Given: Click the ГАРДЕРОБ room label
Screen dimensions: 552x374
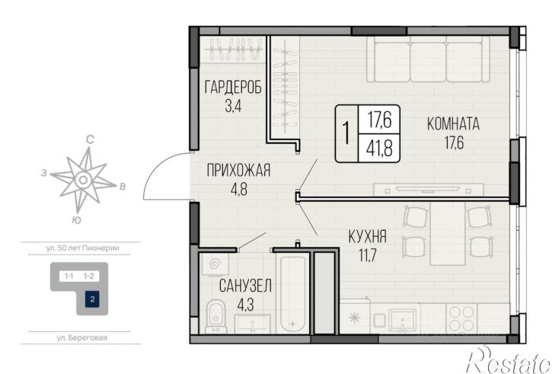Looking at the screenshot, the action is pyautogui.click(x=233, y=88).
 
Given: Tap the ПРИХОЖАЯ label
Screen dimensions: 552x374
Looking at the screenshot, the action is pyautogui.click(x=238, y=171).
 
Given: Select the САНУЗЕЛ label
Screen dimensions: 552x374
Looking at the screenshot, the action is pyautogui.click(x=245, y=286).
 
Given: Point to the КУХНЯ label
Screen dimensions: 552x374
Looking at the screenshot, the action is pyautogui.click(x=368, y=237).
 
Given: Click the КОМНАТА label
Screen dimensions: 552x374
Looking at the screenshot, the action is pyautogui.click(x=454, y=124).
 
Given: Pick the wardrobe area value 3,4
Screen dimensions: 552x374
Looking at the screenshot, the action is pyautogui.click(x=233, y=105).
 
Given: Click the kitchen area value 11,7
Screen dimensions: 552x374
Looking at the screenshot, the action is pyautogui.click(x=368, y=255).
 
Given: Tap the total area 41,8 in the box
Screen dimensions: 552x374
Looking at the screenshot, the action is pyautogui.click(x=379, y=149).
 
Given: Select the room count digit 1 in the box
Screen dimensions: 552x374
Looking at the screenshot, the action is pyautogui.click(x=346, y=133).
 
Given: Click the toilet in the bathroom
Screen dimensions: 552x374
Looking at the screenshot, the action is pyautogui.click(x=216, y=316).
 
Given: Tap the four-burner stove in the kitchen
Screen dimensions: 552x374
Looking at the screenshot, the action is pyautogui.click(x=461, y=318).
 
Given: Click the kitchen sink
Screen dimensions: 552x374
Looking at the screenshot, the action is pyautogui.click(x=402, y=320).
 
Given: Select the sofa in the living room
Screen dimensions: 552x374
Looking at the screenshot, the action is pyautogui.click(x=428, y=59).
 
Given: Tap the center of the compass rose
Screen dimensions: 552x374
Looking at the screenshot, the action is pyautogui.click(x=83, y=180).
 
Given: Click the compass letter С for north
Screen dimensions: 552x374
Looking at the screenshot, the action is pyautogui.click(x=90, y=140).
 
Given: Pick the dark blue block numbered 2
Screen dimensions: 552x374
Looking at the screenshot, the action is pyautogui.click(x=92, y=299).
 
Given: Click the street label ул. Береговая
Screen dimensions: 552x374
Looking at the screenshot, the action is pyautogui.click(x=81, y=337).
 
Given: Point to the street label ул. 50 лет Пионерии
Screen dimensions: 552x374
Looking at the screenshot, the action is pyautogui.click(x=83, y=248).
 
